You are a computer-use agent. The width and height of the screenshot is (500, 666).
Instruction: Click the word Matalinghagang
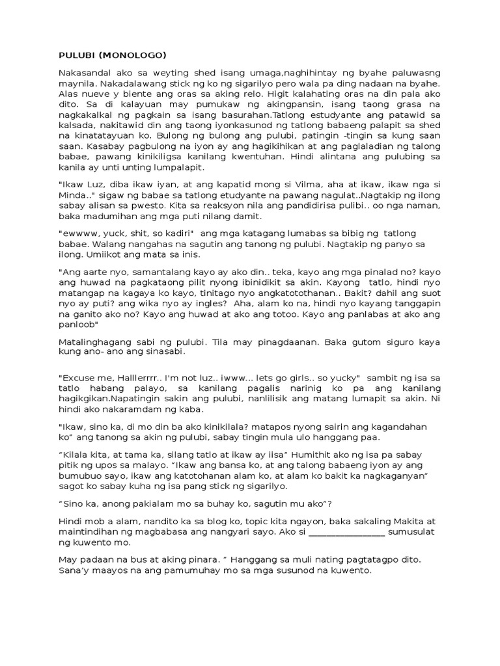(93, 340)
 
